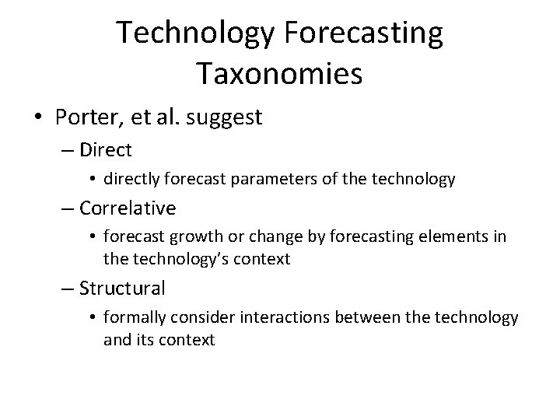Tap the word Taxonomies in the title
pyautogui.click(x=279, y=74)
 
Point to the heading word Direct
pyautogui.click(x=106, y=149)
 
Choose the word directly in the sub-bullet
pyautogui.click(x=137, y=179)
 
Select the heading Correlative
pyautogui.click(x=128, y=208)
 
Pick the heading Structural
pyautogui.click(x=123, y=289)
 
